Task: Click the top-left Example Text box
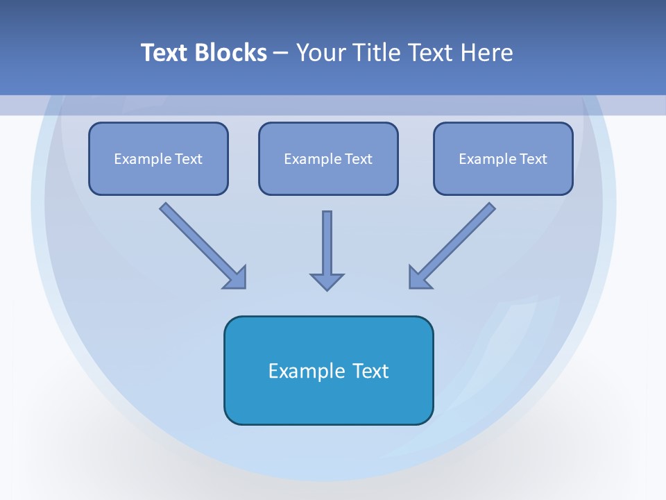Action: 158,158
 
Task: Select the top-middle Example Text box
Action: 328,158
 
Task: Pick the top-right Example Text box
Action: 503,158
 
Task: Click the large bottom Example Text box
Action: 328,370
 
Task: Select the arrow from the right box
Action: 458,240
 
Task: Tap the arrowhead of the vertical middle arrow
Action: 327,281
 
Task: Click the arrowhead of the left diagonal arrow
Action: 236,278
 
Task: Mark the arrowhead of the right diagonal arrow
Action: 419,278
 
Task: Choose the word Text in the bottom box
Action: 371,371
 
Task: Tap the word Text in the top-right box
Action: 533,159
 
